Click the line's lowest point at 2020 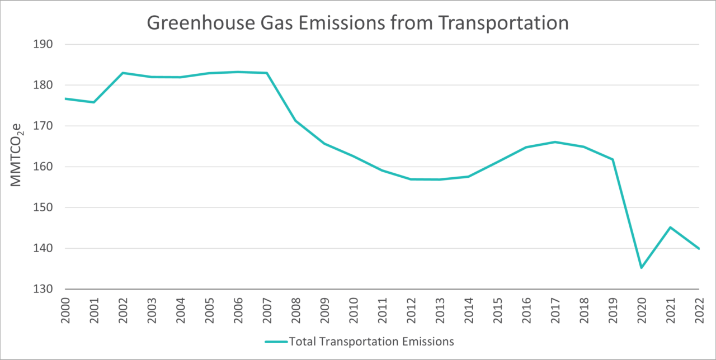(x=641, y=268)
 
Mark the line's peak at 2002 (x=123, y=73)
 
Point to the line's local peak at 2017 (x=554, y=142)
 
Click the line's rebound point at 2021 (x=670, y=228)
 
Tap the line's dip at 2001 (x=94, y=102)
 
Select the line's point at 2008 (x=295, y=121)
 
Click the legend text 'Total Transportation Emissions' (x=371, y=340)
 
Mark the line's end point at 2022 (x=698, y=249)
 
